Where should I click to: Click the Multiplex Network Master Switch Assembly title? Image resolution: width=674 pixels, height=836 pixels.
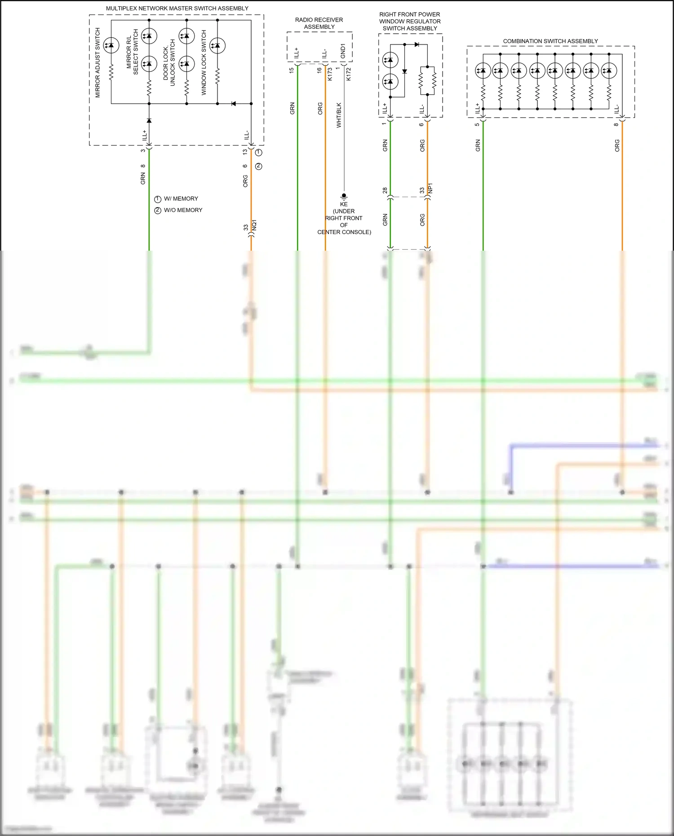[x=177, y=9]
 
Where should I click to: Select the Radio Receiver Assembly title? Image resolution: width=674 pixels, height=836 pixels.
[x=319, y=23]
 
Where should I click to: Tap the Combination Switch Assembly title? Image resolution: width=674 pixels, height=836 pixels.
[x=550, y=41]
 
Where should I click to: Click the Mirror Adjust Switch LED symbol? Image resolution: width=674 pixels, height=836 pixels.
[x=111, y=45]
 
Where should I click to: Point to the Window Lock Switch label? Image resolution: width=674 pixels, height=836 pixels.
[x=204, y=62]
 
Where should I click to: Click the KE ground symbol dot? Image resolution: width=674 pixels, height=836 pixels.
[x=344, y=196]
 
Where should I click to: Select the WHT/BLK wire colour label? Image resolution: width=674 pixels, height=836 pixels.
[x=339, y=115]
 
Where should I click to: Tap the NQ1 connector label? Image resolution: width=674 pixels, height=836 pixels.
[x=254, y=226]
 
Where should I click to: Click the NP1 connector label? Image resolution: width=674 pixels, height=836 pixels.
[x=430, y=188]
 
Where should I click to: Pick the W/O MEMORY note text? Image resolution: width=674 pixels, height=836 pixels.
[x=183, y=210]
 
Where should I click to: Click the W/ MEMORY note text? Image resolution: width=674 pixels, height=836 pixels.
[x=181, y=199]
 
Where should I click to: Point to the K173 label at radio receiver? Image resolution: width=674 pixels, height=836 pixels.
[x=330, y=74]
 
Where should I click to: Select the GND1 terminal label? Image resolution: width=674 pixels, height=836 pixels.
[x=343, y=51]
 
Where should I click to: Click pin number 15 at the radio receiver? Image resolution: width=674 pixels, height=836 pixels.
[x=292, y=71]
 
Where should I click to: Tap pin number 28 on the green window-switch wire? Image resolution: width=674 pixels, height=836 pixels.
[x=385, y=190]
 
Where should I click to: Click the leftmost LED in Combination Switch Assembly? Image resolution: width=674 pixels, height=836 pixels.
[x=483, y=71]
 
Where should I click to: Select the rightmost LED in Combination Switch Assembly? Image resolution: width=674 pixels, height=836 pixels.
[x=609, y=71]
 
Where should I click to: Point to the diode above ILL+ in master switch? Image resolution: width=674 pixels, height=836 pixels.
[x=149, y=120]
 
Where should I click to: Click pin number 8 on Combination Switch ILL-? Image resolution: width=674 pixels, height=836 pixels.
[x=616, y=124]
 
